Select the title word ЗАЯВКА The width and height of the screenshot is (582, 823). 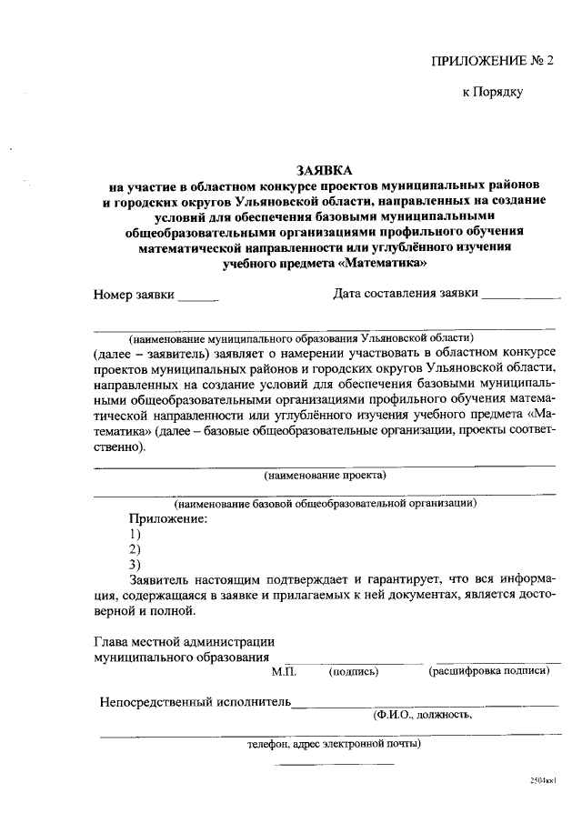coord(324,170)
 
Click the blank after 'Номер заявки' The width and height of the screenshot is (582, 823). coord(198,296)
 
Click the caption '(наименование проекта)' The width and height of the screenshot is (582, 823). coord(325,476)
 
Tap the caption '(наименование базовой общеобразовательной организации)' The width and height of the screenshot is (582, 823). coord(325,502)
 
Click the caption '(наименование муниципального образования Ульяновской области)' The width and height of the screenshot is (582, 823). coord(301,337)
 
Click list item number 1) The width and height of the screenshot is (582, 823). coord(135,533)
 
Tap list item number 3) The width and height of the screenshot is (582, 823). coord(135,564)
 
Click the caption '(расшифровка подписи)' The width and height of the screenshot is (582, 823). coord(489,671)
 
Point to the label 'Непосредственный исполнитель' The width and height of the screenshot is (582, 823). coord(196,702)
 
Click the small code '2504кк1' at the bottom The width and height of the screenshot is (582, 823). coord(542,780)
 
